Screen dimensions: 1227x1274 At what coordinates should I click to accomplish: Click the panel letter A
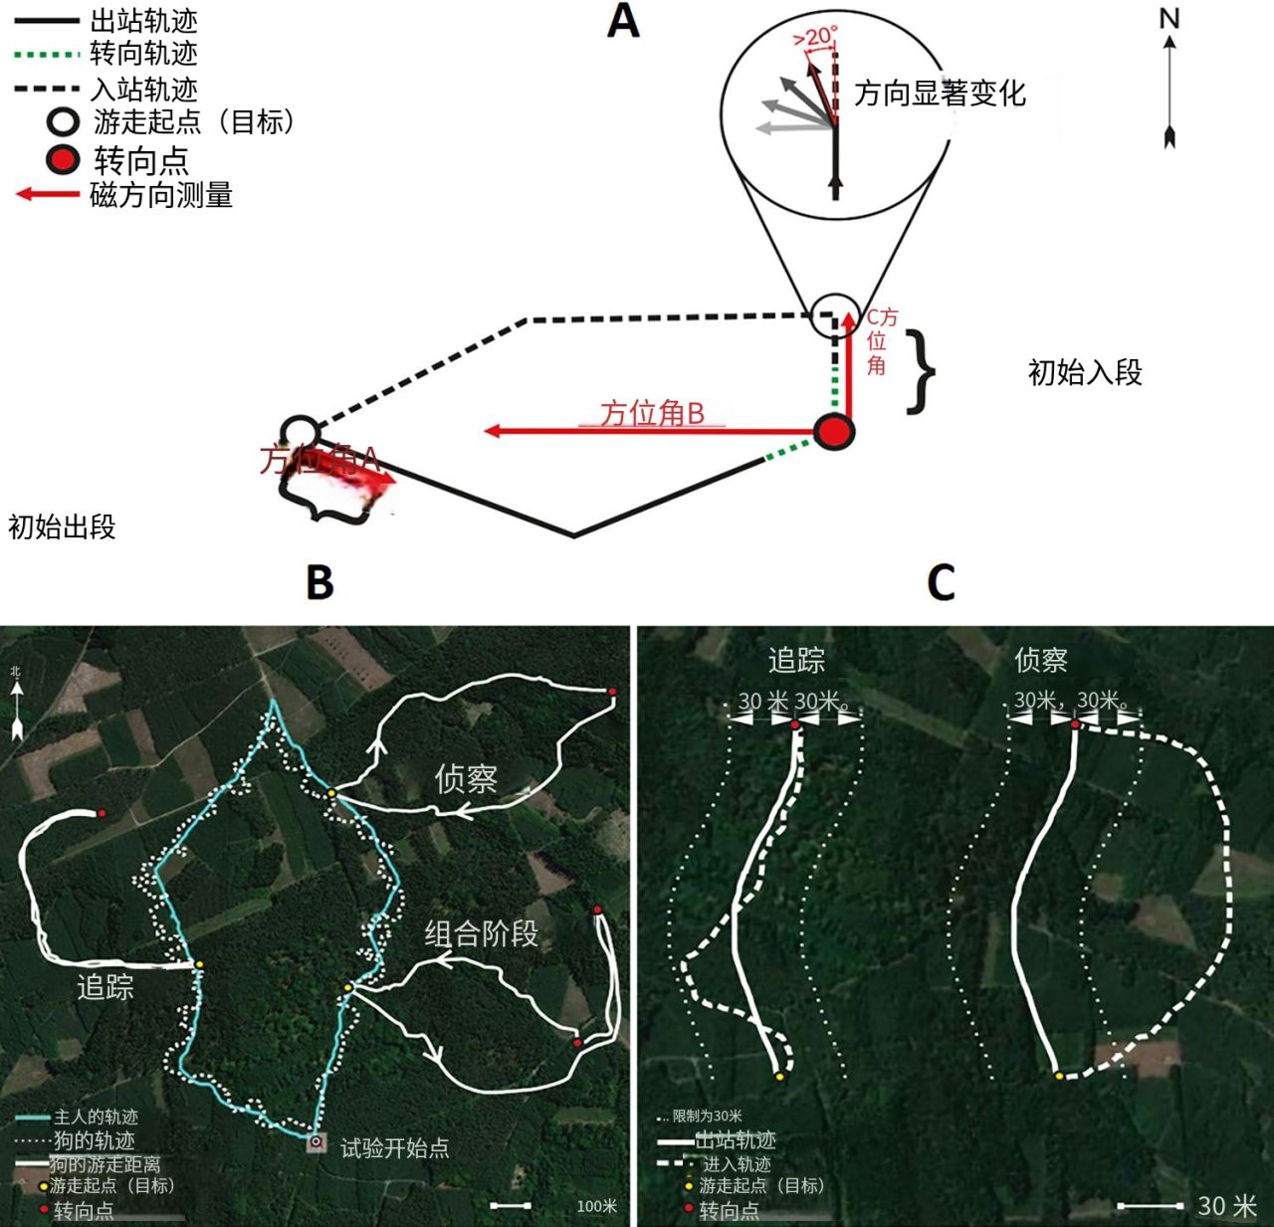(x=623, y=21)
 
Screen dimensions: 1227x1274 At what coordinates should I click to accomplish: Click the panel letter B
(x=319, y=582)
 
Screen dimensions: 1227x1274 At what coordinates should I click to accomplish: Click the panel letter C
(x=941, y=582)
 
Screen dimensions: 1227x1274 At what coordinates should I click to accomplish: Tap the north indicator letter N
(x=1169, y=19)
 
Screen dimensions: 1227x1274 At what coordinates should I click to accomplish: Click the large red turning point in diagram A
(x=834, y=432)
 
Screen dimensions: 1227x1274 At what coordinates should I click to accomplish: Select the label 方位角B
(x=652, y=413)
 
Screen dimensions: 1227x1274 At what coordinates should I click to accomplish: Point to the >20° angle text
(x=815, y=38)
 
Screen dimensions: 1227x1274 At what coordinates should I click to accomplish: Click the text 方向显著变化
(x=940, y=94)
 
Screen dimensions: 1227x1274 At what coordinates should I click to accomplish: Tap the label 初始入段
(x=1085, y=373)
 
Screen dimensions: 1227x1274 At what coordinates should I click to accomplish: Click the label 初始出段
(x=62, y=526)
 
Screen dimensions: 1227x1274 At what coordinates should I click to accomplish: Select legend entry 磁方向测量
(x=161, y=195)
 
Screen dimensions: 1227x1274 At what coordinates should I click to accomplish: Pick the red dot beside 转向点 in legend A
(x=64, y=159)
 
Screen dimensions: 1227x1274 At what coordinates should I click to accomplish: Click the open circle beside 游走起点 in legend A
(x=64, y=122)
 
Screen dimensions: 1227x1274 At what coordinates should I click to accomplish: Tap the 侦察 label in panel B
(x=465, y=778)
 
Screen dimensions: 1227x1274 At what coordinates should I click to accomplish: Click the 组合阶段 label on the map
(x=482, y=933)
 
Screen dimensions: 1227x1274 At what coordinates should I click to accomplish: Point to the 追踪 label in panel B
(x=106, y=987)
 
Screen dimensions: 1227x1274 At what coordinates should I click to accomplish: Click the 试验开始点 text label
(x=395, y=1148)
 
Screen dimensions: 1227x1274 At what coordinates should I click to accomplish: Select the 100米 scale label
(x=596, y=1206)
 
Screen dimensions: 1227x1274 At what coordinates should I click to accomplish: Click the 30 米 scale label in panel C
(x=1226, y=1206)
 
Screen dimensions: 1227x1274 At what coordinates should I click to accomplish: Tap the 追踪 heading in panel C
(x=796, y=660)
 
